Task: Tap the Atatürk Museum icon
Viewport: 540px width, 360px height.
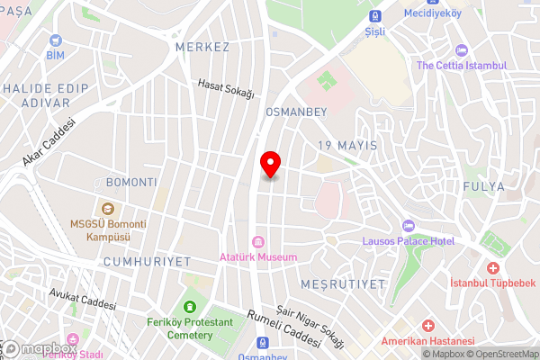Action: [258, 241]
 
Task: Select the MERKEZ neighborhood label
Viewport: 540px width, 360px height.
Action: [203, 47]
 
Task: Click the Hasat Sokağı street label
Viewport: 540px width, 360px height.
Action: [227, 88]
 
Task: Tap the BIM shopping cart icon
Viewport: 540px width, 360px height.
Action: [57, 40]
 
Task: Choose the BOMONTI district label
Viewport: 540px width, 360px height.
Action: [130, 182]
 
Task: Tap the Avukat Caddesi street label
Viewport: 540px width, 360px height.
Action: [83, 298]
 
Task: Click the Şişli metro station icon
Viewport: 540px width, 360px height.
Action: [375, 15]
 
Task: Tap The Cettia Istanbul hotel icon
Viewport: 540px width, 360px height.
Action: [462, 50]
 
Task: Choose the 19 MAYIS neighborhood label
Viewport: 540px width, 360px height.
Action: [346, 145]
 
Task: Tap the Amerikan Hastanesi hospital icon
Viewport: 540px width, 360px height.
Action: [429, 325]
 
